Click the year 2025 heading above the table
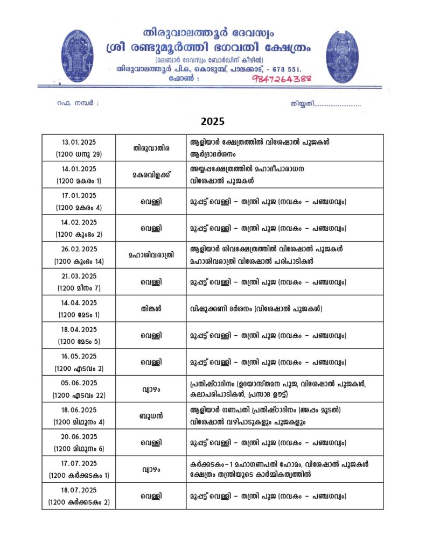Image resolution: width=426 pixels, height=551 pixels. [213, 121]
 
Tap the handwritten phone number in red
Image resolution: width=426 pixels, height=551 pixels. [282, 79]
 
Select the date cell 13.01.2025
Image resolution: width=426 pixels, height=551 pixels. [79, 142]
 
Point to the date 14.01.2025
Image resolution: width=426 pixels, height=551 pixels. [79, 169]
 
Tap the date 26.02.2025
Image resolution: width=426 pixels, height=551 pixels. [79, 249]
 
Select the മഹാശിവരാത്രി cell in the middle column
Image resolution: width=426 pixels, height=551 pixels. [151, 255]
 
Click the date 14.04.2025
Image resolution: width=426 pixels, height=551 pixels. [79, 302]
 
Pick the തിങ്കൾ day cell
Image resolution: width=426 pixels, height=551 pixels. [151, 309]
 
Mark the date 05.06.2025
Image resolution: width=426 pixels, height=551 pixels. [79, 383]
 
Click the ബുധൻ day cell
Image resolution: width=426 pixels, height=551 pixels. [151, 416]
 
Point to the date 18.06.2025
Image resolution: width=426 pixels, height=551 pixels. [79, 410]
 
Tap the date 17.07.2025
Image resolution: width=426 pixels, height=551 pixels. [79, 463]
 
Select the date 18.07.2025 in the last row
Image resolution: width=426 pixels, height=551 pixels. [79, 490]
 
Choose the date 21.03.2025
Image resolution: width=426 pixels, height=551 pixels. [79, 276]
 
